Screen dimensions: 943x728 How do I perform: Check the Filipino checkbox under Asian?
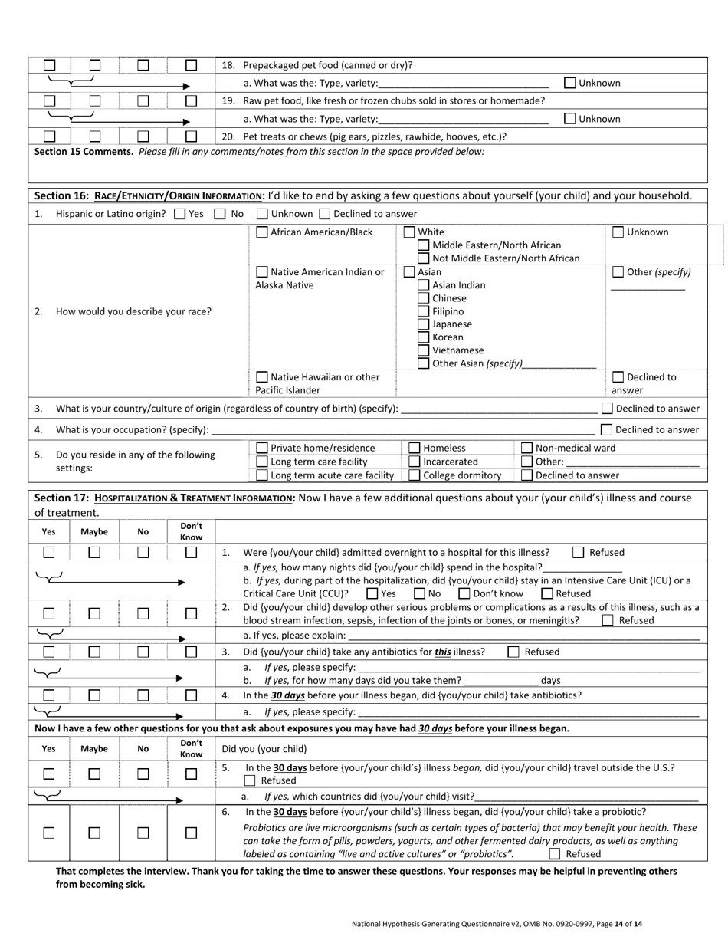click(x=423, y=311)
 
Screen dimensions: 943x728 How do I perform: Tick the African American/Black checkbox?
click(x=262, y=232)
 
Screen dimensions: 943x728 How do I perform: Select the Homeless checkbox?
click(x=415, y=448)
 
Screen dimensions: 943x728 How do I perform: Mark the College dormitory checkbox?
click(x=415, y=475)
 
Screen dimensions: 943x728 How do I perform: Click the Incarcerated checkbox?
click(x=415, y=462)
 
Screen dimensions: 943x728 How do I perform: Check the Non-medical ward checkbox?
click(x=526, y=448)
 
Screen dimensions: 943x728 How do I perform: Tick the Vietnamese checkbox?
click(x=423, y=350)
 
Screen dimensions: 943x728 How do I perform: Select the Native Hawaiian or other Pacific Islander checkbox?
click(x=262, y=376)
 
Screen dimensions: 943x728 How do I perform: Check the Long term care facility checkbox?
click(x=262, y=462)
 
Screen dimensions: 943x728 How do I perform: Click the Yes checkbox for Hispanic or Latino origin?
click(x=179, y=214)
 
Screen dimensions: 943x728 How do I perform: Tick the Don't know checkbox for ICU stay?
click(x=464, y=593)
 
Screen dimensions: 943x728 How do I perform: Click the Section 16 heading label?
click(x=146, y=196)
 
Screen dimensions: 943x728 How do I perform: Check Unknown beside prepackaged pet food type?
click(x=569, y=83)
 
